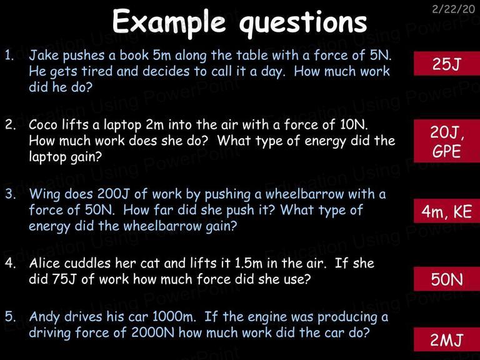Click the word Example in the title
pos(169,22)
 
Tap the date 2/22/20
pos(453,9)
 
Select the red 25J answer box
pos(447,64)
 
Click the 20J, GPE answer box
pos(447,141)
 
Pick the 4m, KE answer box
pos(447,211)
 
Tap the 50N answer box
pos(447,279)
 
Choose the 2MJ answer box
pos(447,339)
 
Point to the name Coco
pos(43,124)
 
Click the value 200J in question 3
pos(114,194)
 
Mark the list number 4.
pos(10,263)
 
